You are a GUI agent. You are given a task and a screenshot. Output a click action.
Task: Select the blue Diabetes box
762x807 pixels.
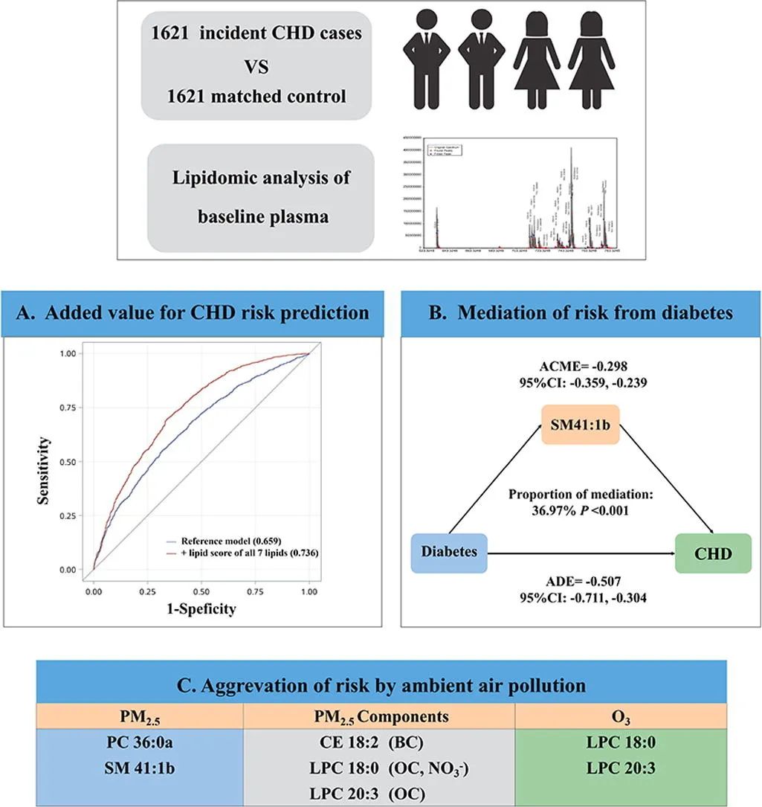449,553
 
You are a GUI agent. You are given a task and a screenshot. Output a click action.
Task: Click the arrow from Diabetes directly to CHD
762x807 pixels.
580,553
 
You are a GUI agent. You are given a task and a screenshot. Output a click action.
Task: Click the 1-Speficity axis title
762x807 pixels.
201,608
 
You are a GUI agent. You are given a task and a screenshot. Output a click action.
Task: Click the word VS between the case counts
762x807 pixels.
256,66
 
